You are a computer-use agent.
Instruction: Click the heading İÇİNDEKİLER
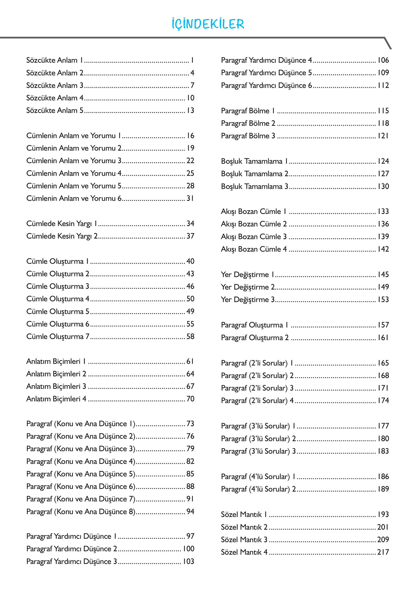208,24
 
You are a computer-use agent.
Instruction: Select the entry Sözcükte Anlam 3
55,85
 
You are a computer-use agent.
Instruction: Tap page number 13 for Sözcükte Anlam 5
190,110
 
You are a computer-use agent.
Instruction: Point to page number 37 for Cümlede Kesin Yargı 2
190,236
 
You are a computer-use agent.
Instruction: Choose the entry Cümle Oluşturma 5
58,312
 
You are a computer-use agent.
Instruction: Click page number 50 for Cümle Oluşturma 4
190,299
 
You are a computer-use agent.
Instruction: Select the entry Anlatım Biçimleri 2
56,374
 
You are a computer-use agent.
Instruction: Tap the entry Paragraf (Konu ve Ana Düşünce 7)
81,499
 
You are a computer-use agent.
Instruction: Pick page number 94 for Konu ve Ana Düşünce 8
190,512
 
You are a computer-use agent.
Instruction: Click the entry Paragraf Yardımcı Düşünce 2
72,549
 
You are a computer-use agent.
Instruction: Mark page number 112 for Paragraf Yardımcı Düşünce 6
383,85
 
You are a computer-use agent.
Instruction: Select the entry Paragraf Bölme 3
248,136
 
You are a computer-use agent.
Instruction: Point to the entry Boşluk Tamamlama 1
254,161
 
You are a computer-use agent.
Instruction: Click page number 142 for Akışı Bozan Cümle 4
383,249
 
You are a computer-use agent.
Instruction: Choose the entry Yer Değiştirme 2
248,287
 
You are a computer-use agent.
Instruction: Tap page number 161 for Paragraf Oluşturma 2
383,338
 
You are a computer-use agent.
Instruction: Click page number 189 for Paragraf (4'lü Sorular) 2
383,489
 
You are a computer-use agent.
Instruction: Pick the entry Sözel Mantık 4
244,552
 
